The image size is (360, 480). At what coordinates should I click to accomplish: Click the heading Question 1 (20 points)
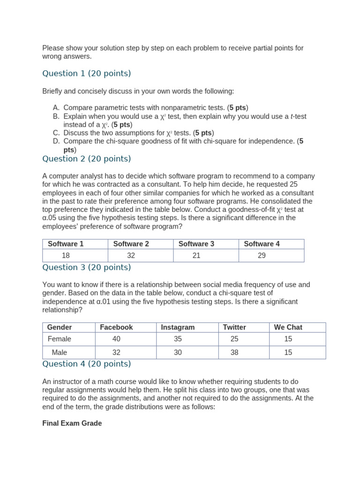(x=86, y=74)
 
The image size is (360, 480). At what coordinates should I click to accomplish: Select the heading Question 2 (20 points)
(x=86, y=159)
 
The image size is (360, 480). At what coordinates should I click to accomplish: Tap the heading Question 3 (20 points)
(x=86, y=268)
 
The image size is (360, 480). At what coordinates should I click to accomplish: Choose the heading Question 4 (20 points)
(x=86, y=364)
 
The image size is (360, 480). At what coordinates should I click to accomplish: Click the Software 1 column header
(x=66, y=244)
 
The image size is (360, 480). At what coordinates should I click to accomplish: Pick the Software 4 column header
(x=262, y=244)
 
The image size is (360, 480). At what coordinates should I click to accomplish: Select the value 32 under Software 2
(x=131, y=255)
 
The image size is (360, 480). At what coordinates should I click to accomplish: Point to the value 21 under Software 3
(x=196, y=255)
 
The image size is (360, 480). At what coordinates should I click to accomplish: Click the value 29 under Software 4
(x=262, y=255)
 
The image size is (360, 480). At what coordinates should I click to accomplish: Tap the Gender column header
(x=60, y=327)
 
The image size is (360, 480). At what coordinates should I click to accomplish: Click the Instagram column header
(x=178, y=327)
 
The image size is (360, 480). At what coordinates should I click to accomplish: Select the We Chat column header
(x=288, y=327)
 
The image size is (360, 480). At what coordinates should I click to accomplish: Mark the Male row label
(x=60, y=352)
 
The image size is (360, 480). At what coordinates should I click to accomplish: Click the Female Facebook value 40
(x=116, y=339)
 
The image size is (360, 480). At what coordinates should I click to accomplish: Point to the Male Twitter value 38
(x=234, y=352)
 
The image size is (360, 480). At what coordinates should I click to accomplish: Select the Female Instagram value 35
(x=178, y=339)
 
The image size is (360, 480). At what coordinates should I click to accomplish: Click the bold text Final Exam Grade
(x=72, y=423)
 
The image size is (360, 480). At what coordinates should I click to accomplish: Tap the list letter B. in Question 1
(x=56, y=116)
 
